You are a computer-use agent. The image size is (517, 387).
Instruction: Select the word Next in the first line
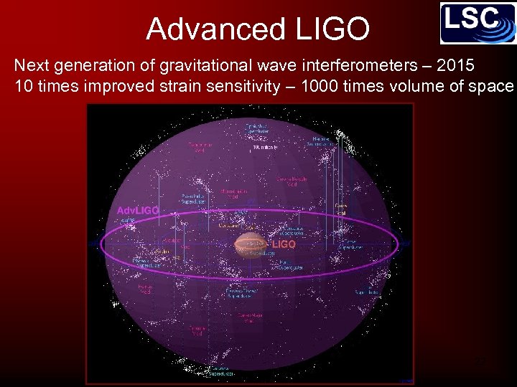click(x=30, y=67)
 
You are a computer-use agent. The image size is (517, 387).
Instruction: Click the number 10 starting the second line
click(x=23, y=87)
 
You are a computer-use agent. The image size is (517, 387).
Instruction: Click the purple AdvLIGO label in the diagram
click(x=138, y=211)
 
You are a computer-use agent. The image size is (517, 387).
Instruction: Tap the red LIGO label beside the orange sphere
click(x=284, y=244)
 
